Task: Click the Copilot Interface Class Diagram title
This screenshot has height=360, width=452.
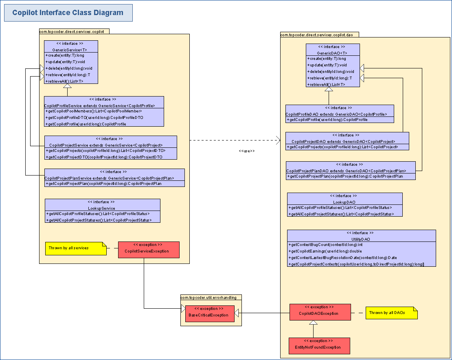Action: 68,13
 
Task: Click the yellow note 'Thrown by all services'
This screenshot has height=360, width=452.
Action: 76,248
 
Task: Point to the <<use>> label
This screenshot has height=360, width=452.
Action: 247,151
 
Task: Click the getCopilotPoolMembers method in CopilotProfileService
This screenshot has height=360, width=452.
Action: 94,111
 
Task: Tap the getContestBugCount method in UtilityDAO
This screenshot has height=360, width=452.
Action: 326,244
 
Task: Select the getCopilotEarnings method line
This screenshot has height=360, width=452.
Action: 325,251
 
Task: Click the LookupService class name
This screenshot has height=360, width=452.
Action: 101,208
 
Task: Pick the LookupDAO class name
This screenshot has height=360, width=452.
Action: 344,202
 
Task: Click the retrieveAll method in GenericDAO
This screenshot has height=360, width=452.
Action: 327,84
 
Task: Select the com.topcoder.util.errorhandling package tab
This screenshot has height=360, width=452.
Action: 211,297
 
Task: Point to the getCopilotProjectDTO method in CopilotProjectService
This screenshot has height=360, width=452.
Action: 104,157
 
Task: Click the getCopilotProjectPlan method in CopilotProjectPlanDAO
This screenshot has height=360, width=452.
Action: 345,176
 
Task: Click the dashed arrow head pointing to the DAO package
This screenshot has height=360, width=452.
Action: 279,140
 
